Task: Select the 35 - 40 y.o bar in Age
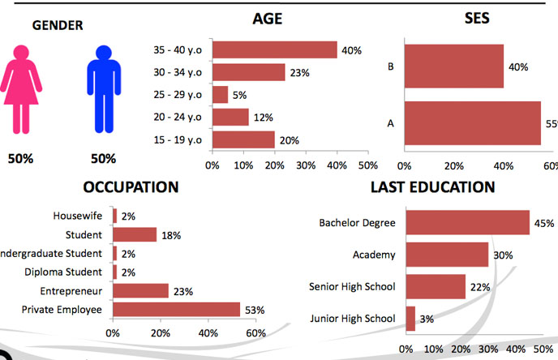pos(274,50)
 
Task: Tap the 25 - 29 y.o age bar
pos(220,95)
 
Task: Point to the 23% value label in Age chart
pos(300,73)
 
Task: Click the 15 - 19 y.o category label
pos(178,139)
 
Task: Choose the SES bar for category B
pos(453,66)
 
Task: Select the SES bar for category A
pos(472,123)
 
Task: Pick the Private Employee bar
pos(176,309)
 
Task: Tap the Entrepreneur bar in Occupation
pos(140,290)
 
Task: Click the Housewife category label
pos(78,216)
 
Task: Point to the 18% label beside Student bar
pos(170,235)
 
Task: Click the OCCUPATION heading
pos(131,187)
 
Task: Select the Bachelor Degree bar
pos(467,222)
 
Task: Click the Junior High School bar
pos(410,318)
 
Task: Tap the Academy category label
pos(374,255)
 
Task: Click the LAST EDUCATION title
pos(432,187)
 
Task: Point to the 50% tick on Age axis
pos(367,165)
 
